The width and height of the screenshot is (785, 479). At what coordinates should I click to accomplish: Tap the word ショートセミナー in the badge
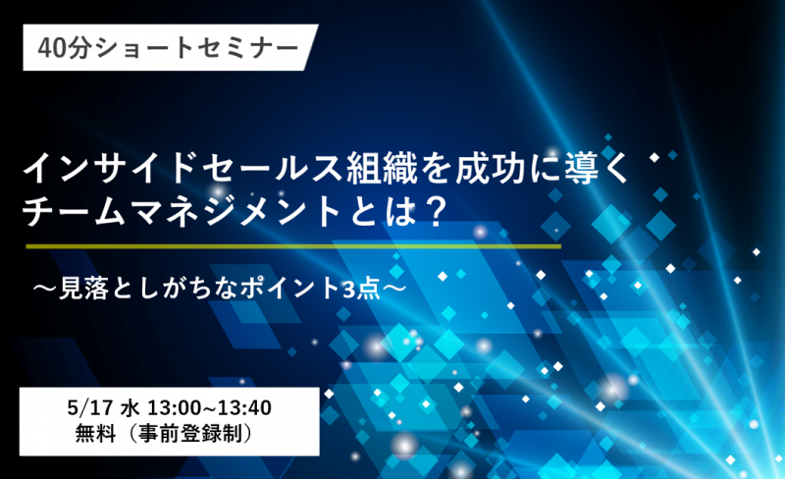(x=195, y=49)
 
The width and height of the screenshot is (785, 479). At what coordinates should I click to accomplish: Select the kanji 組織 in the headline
(x=381, y=168)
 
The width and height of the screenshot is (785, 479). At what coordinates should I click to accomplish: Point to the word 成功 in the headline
(x=490, y=168)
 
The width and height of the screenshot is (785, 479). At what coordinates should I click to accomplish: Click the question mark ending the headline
(x=431, y=212)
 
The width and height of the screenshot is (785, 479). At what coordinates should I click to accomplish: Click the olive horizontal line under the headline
(x=293, y=246)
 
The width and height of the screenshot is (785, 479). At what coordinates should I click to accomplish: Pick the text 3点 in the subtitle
(x=361, y=290)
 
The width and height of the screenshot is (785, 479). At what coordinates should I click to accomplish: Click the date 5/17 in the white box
(x=90, y=408)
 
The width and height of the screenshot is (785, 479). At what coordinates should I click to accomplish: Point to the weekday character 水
(x=130, y=408)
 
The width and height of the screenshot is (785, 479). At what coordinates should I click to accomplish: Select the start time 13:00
(x=174, y=408)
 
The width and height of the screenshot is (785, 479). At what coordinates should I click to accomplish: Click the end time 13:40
(x=244, y=408)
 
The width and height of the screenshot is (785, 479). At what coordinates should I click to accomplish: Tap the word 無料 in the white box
(x=95, y=434)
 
